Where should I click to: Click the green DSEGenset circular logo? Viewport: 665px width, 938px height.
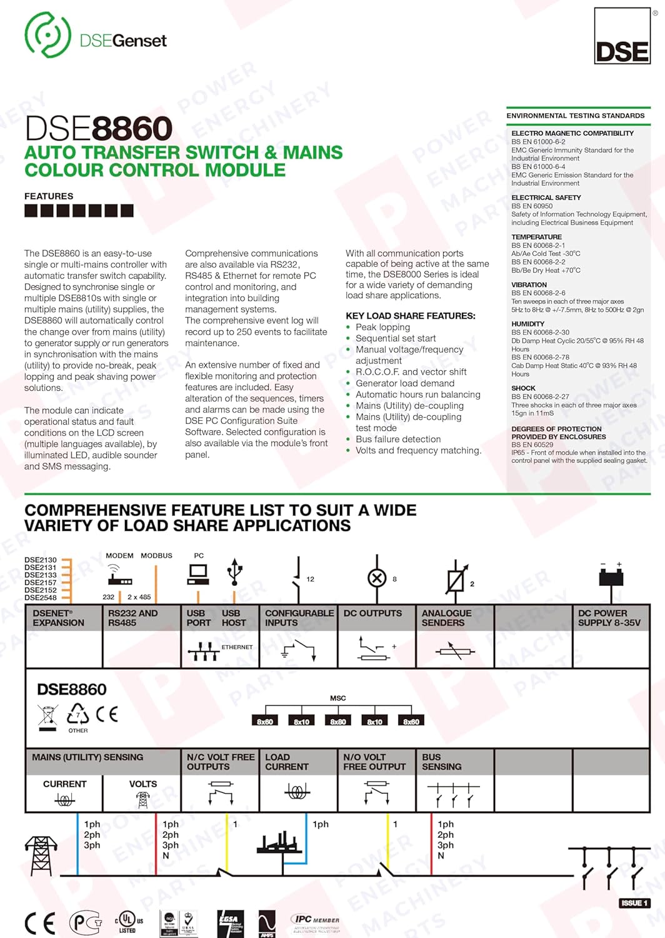[47, 35]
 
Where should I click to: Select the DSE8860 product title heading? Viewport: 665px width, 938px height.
[98, 129]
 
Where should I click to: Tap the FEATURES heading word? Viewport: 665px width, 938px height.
[49, 196]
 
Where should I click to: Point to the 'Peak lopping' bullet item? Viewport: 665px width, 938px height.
[382, 327]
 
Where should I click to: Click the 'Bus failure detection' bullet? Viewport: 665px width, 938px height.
[398, 440]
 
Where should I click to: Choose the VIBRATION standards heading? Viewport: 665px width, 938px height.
[529, 285]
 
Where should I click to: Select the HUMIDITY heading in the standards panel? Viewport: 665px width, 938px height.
[527, 324]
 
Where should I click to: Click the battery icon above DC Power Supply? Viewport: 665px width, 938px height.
[611, 573]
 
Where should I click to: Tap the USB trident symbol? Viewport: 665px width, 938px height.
[235, 571]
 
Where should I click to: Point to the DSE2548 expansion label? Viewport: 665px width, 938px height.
[41, 598]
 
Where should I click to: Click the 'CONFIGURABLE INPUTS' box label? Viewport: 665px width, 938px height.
[299, 618]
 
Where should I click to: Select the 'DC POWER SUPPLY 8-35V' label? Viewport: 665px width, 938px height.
[609, 618]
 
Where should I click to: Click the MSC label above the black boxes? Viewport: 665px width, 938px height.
[337, 698]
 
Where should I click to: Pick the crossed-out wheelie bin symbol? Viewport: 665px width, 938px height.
[48, 717]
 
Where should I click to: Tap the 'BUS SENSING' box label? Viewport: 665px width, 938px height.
[441, 762]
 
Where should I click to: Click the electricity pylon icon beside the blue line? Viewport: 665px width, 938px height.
[41, 855]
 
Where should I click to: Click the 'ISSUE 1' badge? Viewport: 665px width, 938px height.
[634, 903]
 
